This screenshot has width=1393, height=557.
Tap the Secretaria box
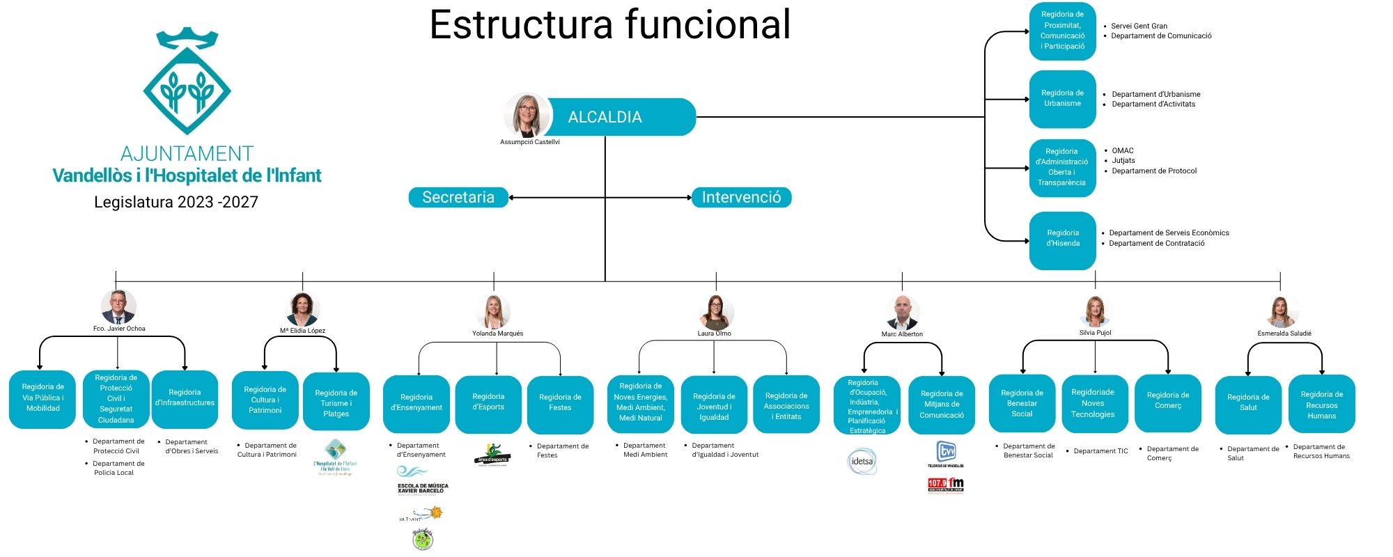(458, 198)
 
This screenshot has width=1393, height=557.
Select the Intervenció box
(741, 198)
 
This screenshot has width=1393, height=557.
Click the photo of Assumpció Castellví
(527, 114)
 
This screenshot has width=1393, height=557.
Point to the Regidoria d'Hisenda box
(1062, 239)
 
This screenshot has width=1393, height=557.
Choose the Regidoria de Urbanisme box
(1062, 98)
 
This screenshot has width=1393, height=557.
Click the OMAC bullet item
(1122, 150)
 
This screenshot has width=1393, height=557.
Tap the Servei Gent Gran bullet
(1139, 26)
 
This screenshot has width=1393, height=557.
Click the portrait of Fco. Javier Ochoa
(118, 307)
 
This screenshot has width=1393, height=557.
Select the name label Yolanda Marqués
(497, 334)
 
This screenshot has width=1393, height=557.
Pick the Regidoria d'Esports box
(488, 402)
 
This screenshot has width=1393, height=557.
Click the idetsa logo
(862, 461)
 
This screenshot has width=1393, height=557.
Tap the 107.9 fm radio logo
(945, 484)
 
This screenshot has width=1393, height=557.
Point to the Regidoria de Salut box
(1248, 403)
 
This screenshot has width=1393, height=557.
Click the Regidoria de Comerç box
(1167, 401)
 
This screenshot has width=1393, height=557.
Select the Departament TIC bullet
(1100, 451)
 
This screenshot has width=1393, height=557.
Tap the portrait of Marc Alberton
(903, 313)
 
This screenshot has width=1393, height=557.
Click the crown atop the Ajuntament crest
(187, 38)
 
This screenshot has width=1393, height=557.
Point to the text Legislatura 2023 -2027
(176, 202)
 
